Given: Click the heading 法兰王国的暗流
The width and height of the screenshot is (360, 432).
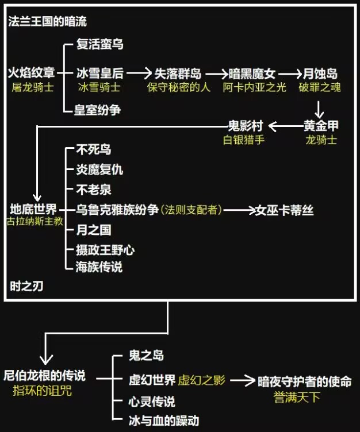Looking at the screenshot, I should [47, 22].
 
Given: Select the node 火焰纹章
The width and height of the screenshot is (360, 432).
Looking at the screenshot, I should [31, 73].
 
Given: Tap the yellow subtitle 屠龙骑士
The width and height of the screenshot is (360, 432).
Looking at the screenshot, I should [32, 87].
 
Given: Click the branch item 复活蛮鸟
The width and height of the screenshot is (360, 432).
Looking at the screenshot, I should [99, 44].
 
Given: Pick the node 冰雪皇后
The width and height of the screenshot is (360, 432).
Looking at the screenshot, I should [99, 73].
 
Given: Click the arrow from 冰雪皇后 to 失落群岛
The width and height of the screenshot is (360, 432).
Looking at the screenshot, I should [139, 73].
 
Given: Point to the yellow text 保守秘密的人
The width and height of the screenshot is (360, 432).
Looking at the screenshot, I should [178, 87].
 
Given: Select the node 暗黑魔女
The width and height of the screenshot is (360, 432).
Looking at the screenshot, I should [252, 73].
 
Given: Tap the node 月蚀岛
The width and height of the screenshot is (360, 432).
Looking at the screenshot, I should [320, 73].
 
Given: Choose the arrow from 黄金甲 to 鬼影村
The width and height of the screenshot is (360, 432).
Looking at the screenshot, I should [284, 125].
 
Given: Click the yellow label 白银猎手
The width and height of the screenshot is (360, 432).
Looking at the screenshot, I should [244, 139].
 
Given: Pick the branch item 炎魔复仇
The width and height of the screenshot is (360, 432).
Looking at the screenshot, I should [99, 169].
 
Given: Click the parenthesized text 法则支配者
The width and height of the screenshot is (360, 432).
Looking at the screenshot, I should [192, 210].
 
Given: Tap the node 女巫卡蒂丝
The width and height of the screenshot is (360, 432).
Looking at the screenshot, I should [285, 210].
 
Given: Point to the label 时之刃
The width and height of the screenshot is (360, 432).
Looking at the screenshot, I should [26, 286].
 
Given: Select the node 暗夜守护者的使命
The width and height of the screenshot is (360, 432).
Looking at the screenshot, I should [304, 381].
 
